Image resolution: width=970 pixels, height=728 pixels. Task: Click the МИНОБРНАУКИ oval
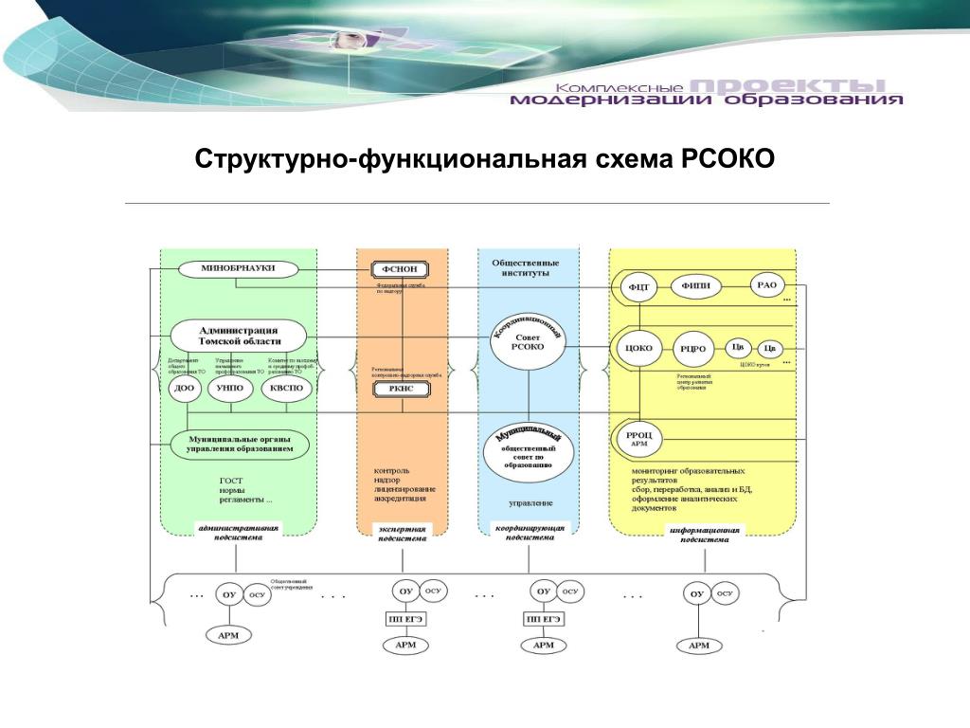click(231, 268)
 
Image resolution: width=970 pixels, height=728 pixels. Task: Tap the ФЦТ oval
click(639, 286)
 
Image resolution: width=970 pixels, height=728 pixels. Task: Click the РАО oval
click(767, 283)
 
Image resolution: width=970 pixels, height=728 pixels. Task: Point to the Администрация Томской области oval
click(239, 335)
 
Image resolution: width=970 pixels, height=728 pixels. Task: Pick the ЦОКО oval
click(639, 348)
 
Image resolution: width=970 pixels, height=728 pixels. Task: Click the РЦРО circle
click(692, 349)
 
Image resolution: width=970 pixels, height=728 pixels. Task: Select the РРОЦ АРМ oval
click(638, 439)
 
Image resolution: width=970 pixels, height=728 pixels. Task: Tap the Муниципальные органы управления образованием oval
click(240, 443)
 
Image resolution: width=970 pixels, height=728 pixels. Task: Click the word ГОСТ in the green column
click(230, 481)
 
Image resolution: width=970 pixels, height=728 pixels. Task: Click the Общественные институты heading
click(525, 267)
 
